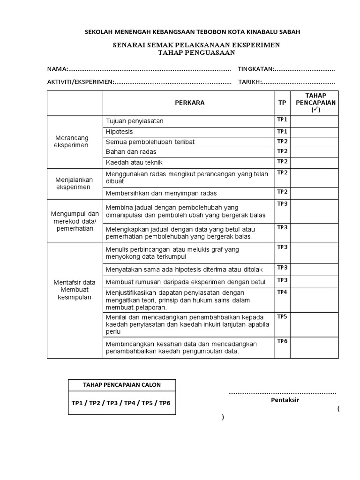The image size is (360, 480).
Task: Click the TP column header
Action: click(282, 103)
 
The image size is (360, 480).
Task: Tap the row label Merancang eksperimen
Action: click(71, 142)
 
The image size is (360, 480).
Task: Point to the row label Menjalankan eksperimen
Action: click(74, 183)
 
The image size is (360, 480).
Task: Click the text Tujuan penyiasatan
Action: click(135, 121)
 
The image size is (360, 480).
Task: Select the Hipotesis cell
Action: click(120, 131)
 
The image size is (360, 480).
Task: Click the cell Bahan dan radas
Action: click(131, 152)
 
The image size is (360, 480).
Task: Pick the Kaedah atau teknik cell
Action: click(134, 162)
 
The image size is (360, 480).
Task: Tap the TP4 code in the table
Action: click(282, 292)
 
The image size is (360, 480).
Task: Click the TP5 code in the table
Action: click(282, 316)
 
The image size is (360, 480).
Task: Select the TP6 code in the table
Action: click(282, 341)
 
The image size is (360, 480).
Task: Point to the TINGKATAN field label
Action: click(256, 69)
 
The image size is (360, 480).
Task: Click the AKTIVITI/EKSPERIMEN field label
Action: click(80, 82)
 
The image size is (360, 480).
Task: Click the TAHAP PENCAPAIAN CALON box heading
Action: click(122, 385)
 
